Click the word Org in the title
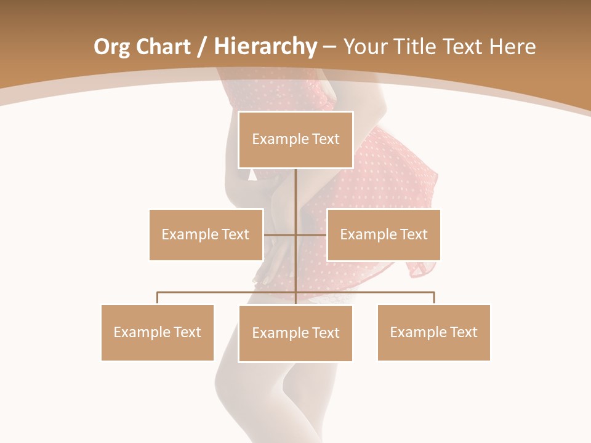(111, 47)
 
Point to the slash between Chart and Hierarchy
(201, 47)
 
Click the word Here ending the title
(512, 47)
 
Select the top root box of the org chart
(295, 139)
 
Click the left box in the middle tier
(206, 234)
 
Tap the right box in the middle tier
(384, 234)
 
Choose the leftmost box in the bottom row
(158, 332)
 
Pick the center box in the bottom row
(295, 333)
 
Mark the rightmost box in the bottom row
(434, 332)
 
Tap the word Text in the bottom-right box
(464, 332)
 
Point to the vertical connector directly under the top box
(296, 191)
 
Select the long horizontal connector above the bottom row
(228, 292)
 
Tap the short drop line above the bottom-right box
(434, 298)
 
